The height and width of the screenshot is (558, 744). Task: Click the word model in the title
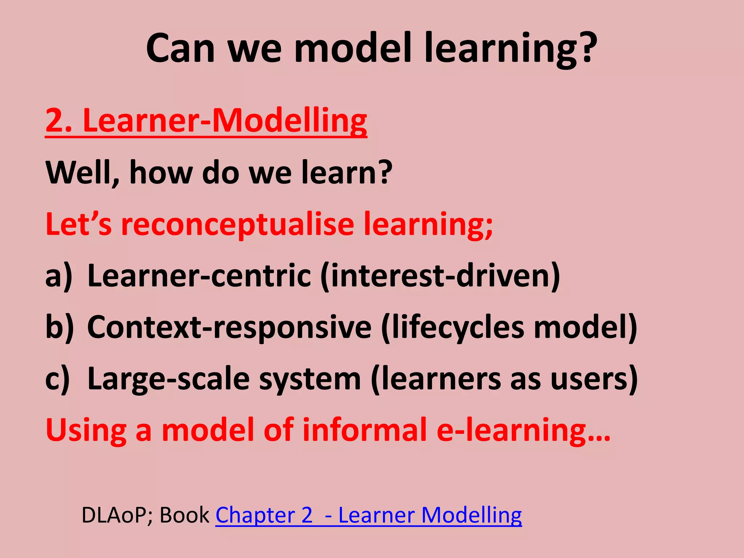point(352,48)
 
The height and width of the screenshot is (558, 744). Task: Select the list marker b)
point(59,327)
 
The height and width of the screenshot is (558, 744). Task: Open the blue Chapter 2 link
point(264,515)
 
